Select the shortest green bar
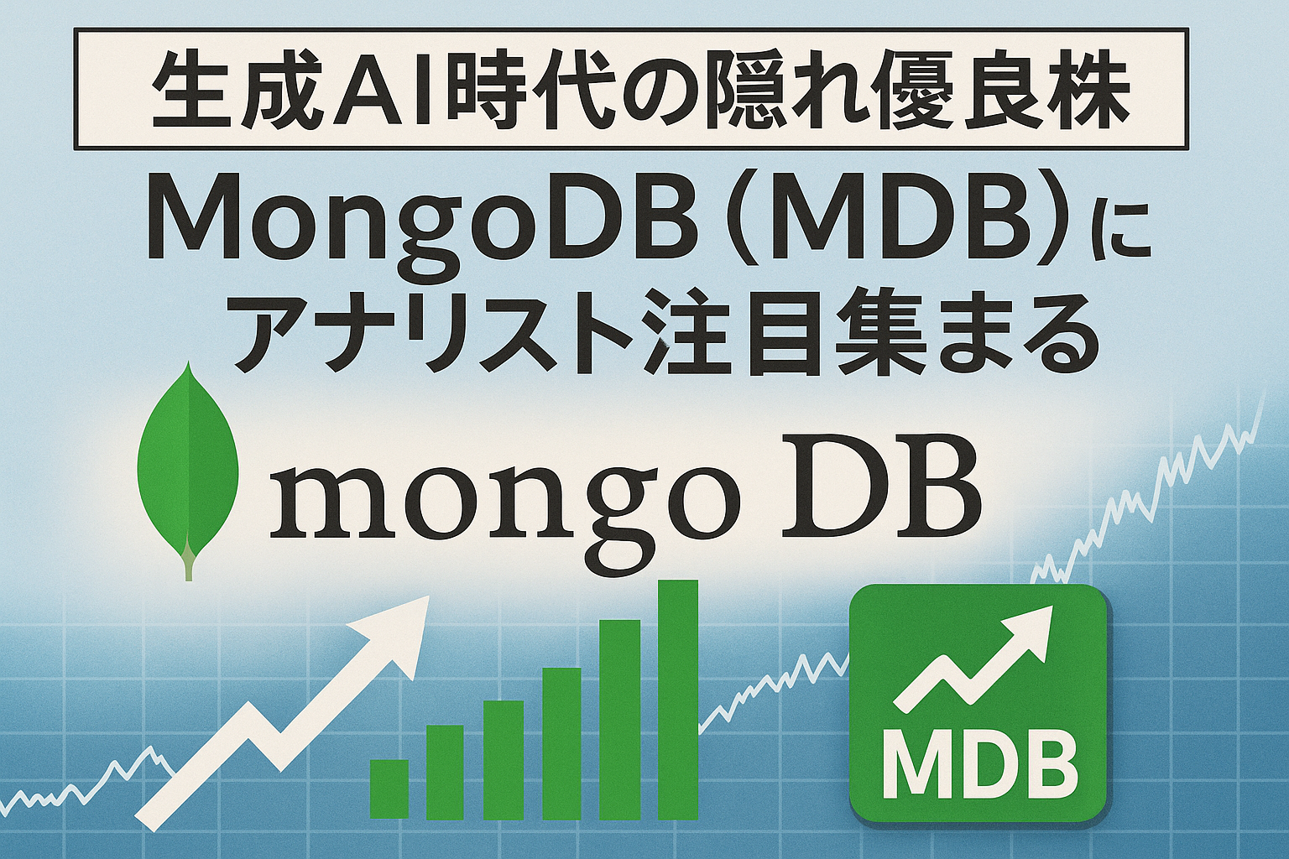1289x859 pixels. [x=389, y=789]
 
